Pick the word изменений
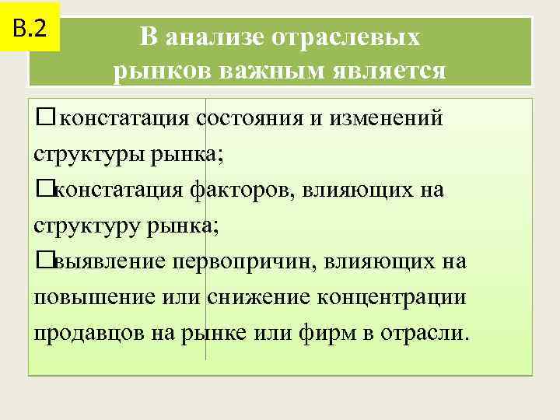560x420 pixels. point(390,119)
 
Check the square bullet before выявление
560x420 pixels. point(42,261)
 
